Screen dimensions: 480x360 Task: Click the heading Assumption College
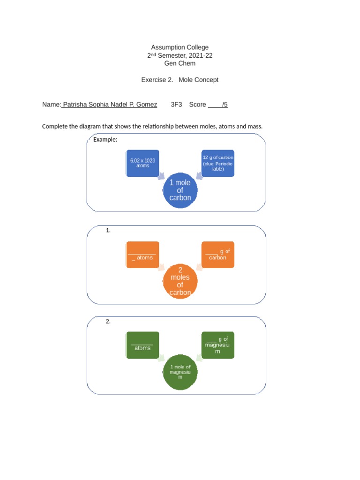[x=180, y=47]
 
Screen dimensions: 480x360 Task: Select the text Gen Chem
[x=180, y=63]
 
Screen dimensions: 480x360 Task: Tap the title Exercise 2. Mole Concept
[x=180, y=80]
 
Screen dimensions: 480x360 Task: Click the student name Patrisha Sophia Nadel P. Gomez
[x=110, y=105]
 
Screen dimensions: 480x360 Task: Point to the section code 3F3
[x=176, y=105]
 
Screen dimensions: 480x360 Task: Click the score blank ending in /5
[x=218, y=105]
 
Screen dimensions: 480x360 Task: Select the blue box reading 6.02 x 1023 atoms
[x=142, y=163]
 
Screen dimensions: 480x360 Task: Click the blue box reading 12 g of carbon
[x=217, y=163]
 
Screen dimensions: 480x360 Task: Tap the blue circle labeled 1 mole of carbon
[x=180, y=190]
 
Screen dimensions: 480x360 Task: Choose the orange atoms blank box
[x=142, y=255]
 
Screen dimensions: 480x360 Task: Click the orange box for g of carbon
[x=217, y=255]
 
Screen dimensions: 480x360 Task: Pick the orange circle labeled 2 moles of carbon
[x=180, y=281]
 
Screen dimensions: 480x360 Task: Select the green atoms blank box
[x=142, y=345]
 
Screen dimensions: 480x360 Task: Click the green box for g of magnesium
[x=217, y=345]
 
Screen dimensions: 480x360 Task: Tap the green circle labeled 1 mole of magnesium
[x=180, y=372]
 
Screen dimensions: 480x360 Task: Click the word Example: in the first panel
[x=105, y=140]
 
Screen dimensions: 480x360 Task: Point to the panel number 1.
[x=108, y=230]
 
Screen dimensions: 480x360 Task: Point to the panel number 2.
[x=108, y=321]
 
